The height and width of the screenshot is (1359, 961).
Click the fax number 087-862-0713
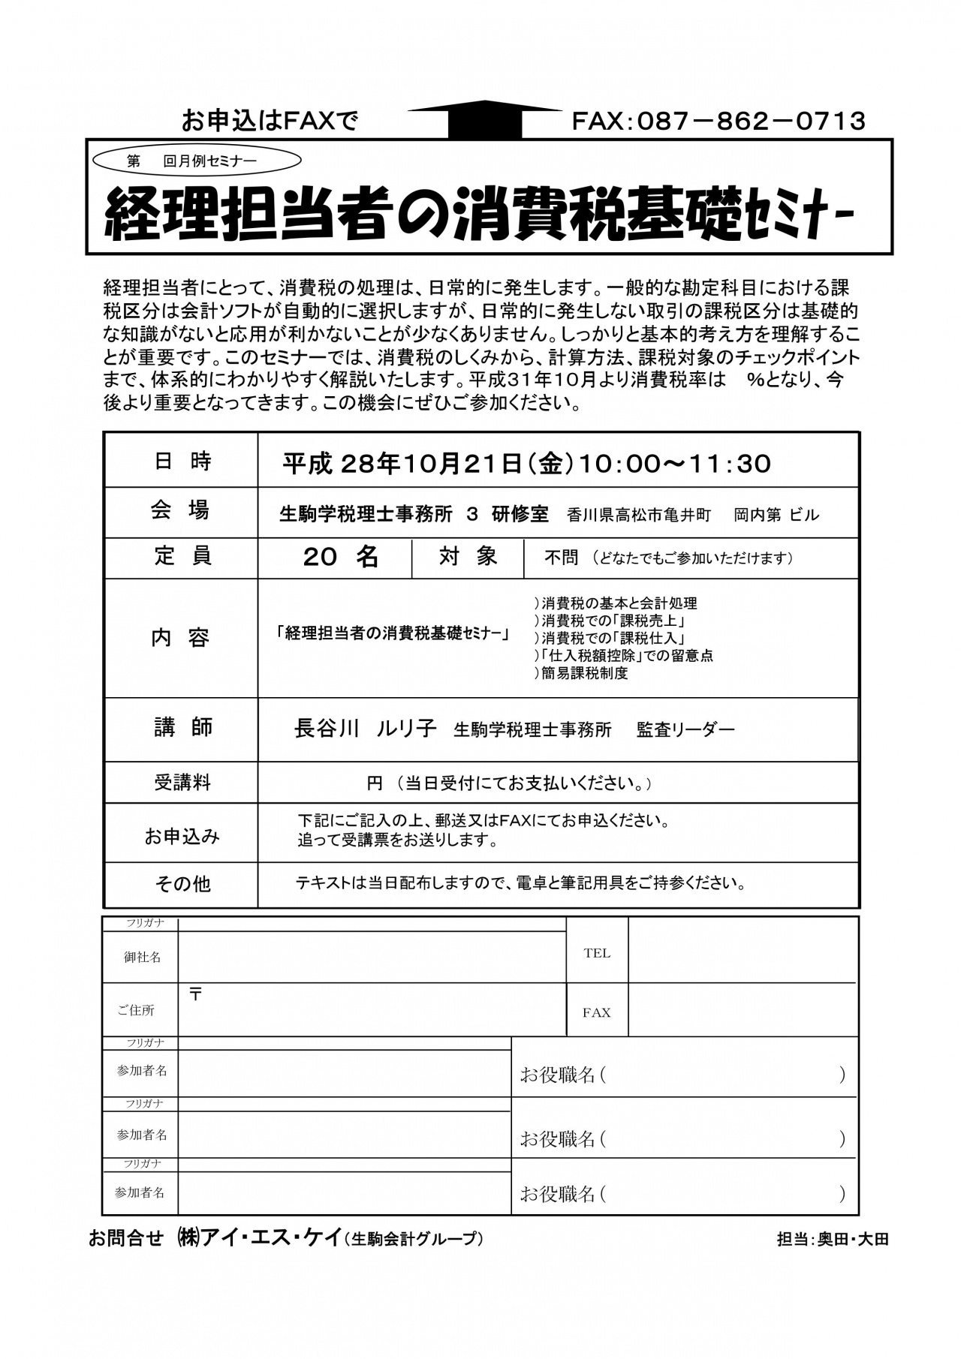[x=718, y=121]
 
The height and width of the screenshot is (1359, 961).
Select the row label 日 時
[x=182, y=462]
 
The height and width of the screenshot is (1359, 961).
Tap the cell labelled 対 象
[x=468, y=557]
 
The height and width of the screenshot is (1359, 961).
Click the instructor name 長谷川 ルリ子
[x=365, y=729]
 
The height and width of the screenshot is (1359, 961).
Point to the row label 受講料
[x=182, y=783]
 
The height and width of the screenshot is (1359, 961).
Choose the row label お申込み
[x=182, y=836]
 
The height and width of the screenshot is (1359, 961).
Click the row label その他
[x=182, y=884]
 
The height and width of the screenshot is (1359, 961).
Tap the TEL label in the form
[x=597, y=953]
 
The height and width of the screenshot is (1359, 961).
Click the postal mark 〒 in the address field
[x=195, y=995]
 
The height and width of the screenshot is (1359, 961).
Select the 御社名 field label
[x=142, y=957]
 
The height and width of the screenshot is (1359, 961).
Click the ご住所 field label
[x=136, y=1011]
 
